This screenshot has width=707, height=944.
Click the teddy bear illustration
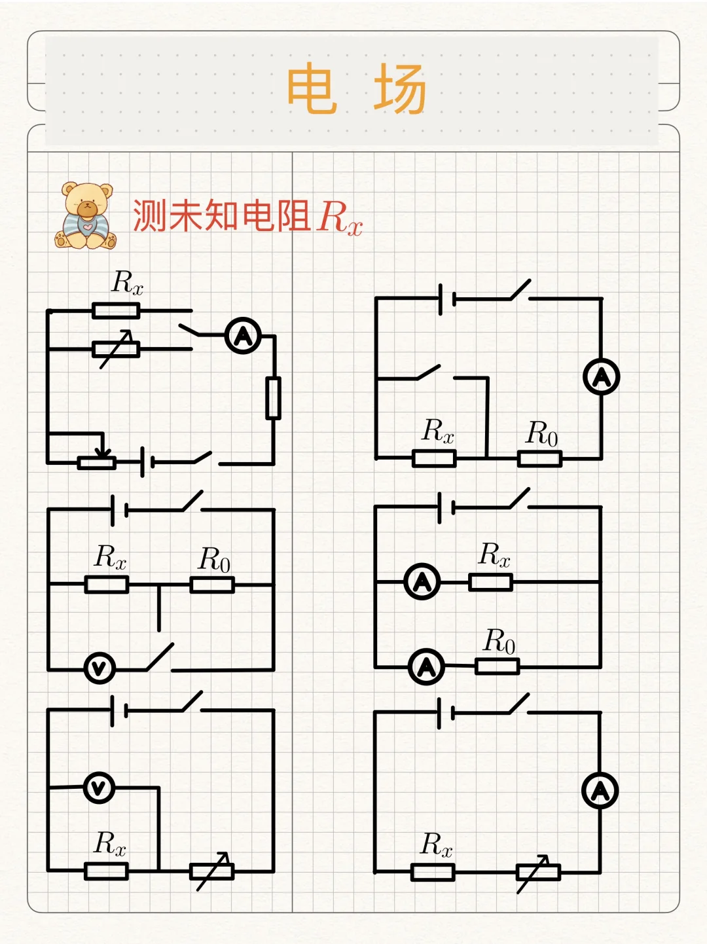pyautogui.click(x=85, y=216)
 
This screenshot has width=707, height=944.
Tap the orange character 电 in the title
pyautogui.click(x=312, y=88)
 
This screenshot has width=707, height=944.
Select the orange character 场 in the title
pyautogui.click(x=400, y=88)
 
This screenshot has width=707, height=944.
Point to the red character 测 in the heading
pyautogui.click(x=149, y=215)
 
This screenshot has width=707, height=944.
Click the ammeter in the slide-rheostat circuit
pyautogui.click(x=243, y=336)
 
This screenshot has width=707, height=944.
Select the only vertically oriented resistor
pyautogui.click(x=273, y=397)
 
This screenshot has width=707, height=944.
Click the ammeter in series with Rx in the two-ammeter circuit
pyautogui.click(x=422, y=581)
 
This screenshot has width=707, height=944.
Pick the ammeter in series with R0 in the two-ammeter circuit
pyautogui.click(x=426, y=666)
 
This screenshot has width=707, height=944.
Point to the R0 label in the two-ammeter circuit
pyautogui.click(x=499, y=641)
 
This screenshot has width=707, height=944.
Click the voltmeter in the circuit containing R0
pyautogui.click(x=100, y=668)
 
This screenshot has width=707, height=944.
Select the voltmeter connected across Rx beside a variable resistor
pyautogui.click(x=99, y=788)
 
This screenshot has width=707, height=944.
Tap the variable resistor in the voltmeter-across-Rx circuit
pyautogui.click(x=211, y=871)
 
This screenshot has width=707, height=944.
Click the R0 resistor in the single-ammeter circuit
pyautogui.click(x=539, y=458)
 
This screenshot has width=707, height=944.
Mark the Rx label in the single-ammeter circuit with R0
pyautogui.click(x=437, y=431)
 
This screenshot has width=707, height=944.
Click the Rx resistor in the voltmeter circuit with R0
pyautogui.click(x=107, y=585)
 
